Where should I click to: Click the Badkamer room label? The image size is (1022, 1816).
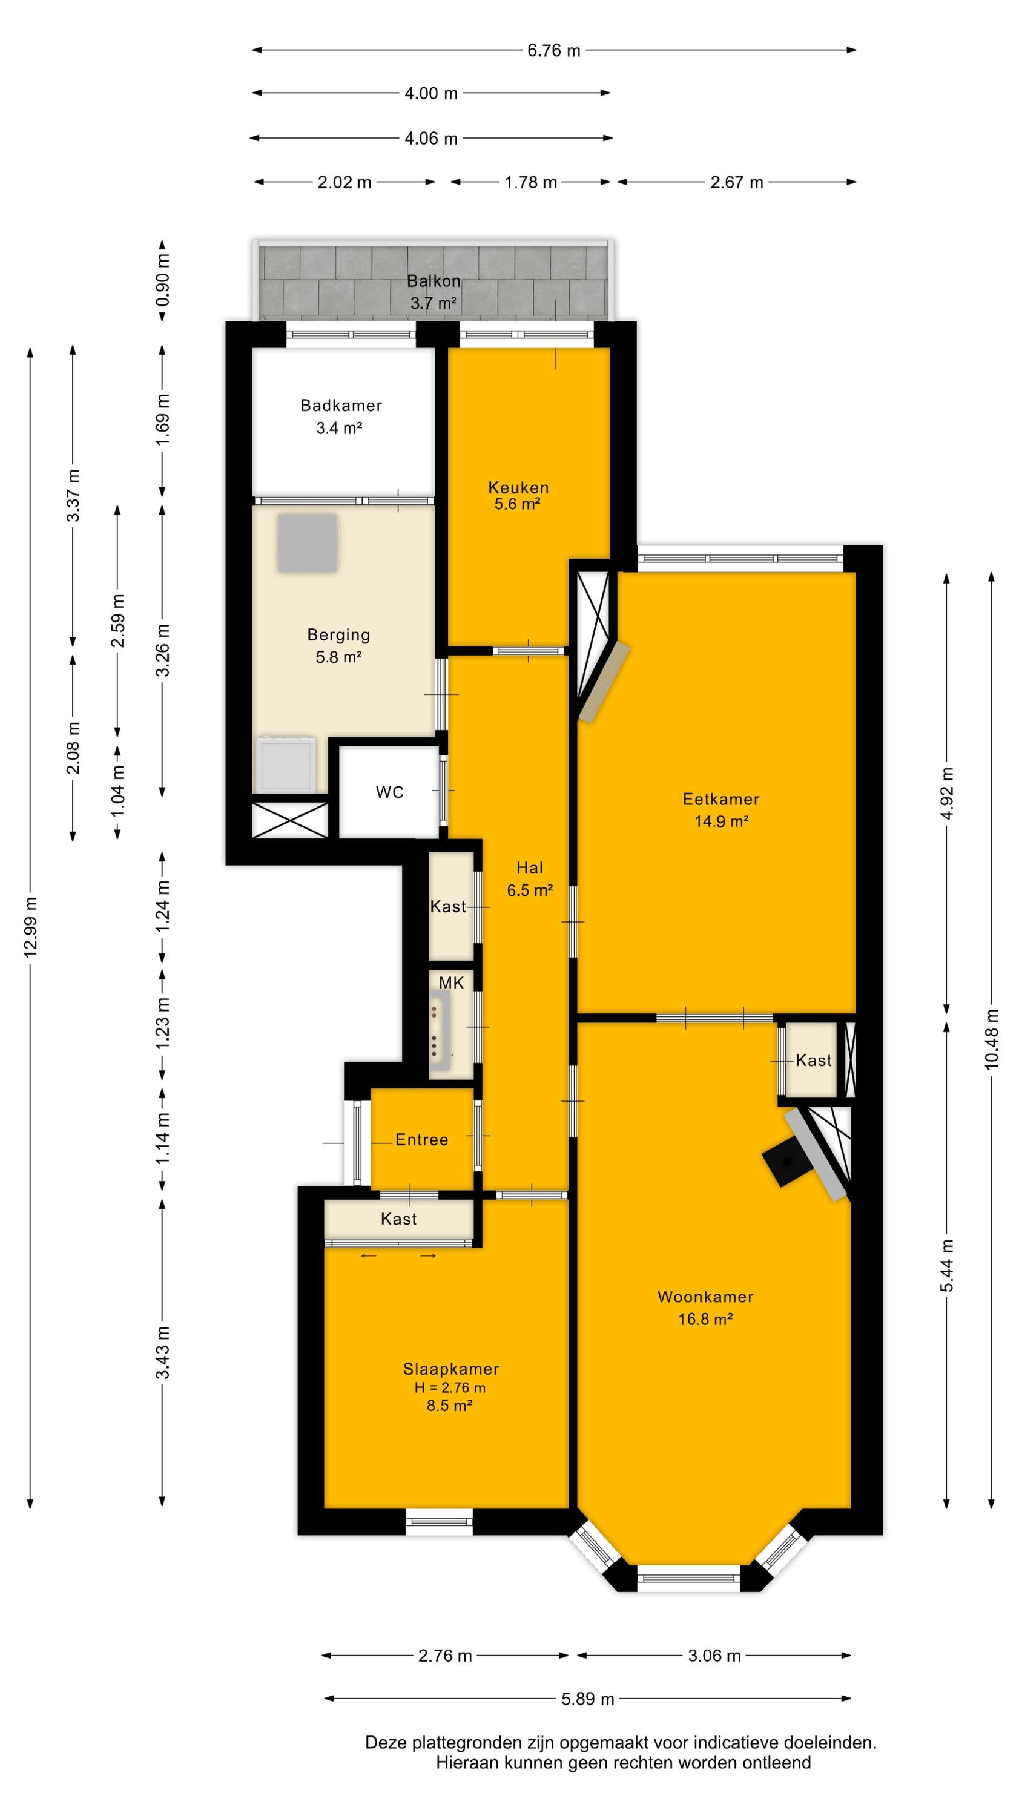point(341,406)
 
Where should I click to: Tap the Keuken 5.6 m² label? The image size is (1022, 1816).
point(518,496)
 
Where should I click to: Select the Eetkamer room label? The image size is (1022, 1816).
point(721,798)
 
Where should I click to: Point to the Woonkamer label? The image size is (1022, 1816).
point(705,1297)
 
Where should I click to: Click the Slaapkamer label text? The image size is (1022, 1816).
point(450,1369)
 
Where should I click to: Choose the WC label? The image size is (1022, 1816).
point(390,792)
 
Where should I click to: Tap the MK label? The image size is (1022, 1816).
point(452,982)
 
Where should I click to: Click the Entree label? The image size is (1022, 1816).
point(422,1140)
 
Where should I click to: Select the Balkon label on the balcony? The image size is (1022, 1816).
point(434,281)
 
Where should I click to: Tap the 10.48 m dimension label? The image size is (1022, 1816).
point(992,1039)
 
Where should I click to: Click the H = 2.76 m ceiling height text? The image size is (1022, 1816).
point(450,1388)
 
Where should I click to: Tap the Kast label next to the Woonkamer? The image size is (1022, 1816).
point(813,1061)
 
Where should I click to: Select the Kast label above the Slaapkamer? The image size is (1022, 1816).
point(398,1219)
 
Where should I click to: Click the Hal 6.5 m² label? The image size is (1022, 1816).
point(529,879)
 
